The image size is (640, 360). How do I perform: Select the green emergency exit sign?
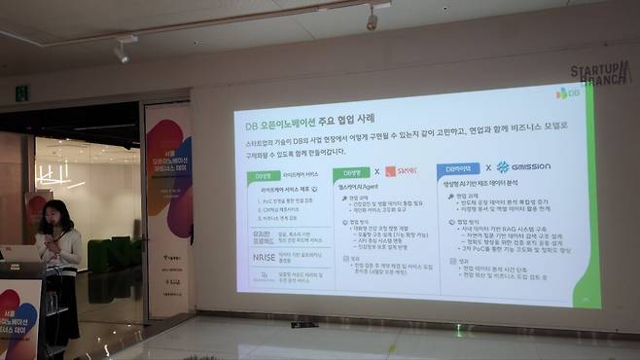(x=21, y=92)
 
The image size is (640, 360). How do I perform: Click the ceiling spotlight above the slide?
(x=371, y=18)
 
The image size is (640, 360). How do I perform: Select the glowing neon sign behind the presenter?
(x=53, y=177)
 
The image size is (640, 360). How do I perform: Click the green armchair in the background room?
(x=102, y=256)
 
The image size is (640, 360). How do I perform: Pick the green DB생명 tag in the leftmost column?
(x=260, y=176)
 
